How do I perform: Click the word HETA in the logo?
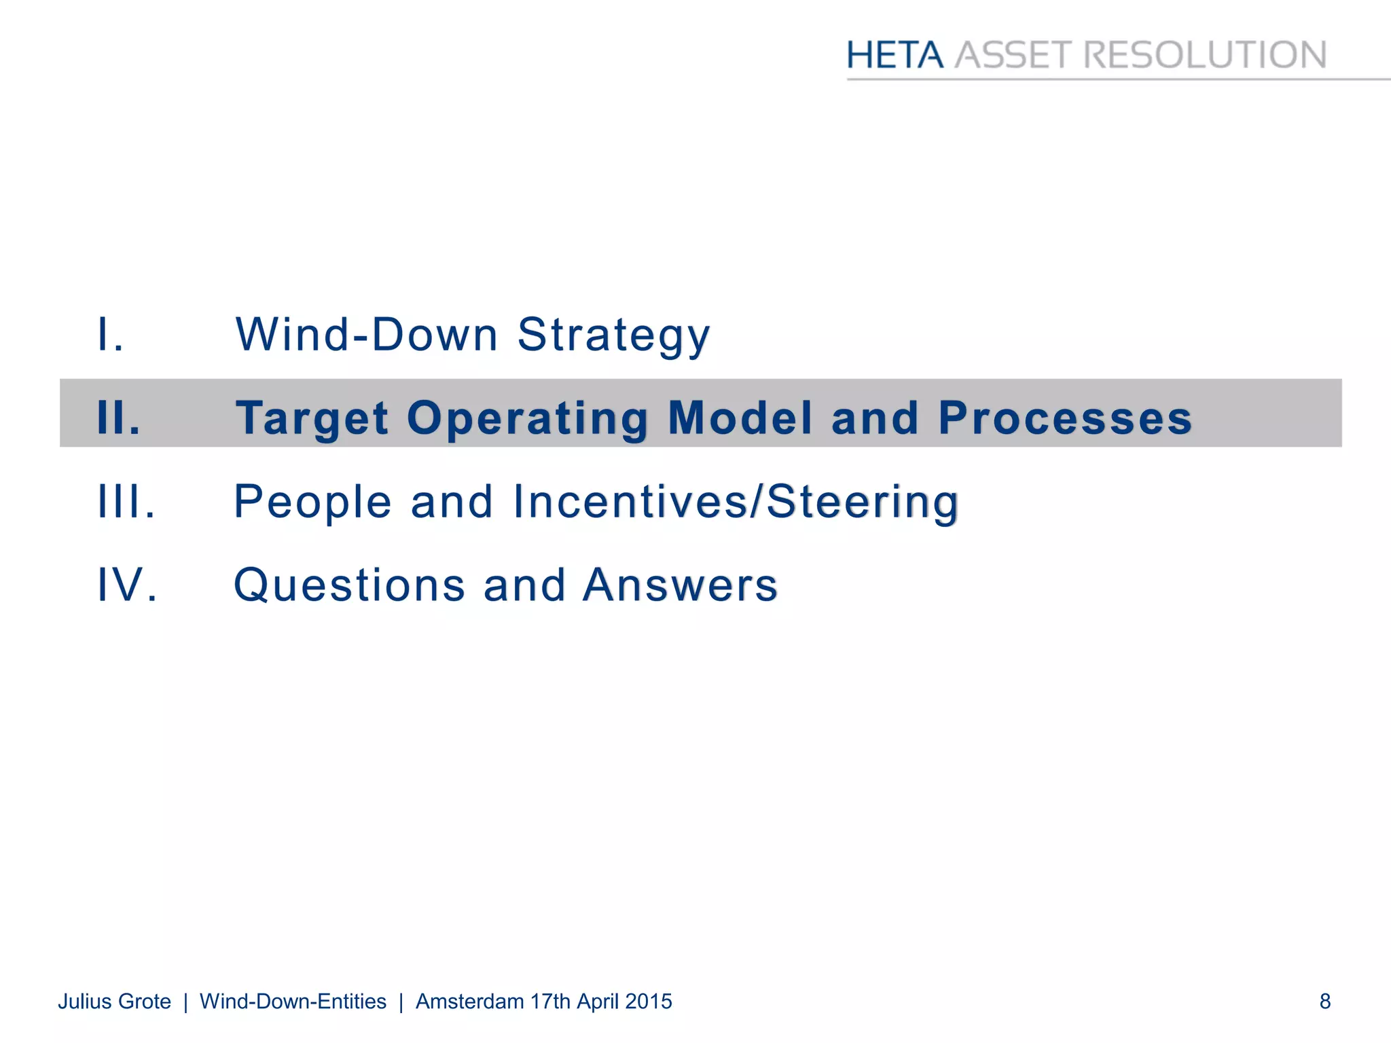[895, 55]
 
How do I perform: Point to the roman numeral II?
[119, 417]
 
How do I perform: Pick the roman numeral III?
[126, 501]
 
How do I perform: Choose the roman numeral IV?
[128, 585]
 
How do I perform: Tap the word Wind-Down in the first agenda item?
[367, 334]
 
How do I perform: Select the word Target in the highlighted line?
[312, 418]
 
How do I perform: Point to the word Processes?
[1065, 417]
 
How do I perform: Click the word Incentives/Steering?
[736, 501]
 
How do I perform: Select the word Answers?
[680, 585]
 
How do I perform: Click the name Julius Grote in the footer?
[114, 1002]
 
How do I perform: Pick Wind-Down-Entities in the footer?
[293, 1002]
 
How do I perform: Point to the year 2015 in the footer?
[649, 1002]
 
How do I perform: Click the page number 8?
[1324, 1002]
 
